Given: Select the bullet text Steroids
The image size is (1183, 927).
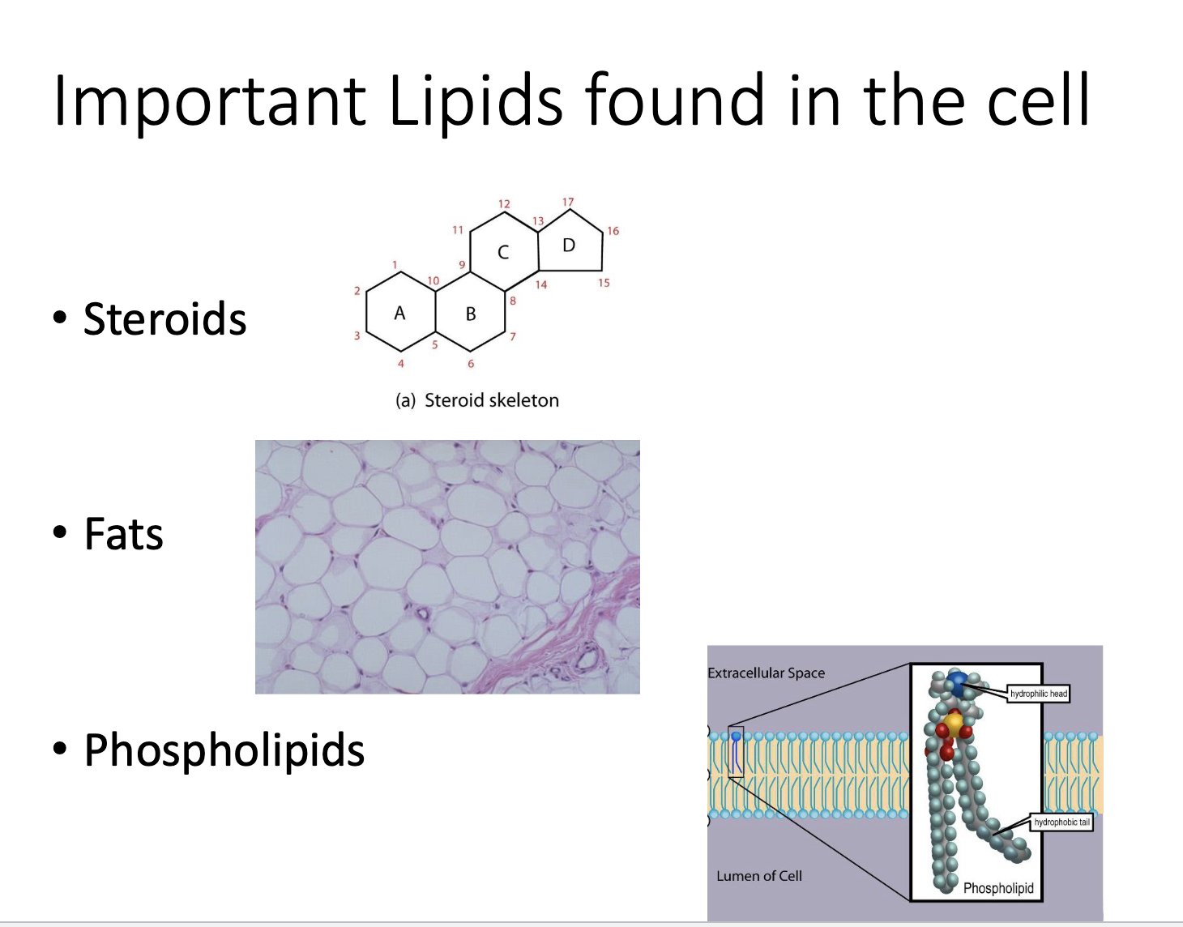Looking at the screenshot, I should [x=164, y=318].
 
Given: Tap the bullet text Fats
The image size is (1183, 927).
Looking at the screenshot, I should [x=124, y=535].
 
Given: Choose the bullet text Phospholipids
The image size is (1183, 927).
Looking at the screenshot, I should [x=224, y=750].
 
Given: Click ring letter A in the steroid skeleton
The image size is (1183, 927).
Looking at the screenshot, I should [x=399, y=313].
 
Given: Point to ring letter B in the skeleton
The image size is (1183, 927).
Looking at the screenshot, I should [x=471, y=314].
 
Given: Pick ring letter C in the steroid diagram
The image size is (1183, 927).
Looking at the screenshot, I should [x=503, y=252].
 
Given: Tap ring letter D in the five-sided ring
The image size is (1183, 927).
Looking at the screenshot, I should [x=569, y=245].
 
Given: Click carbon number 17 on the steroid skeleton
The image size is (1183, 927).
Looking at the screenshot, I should [x=568, y=202].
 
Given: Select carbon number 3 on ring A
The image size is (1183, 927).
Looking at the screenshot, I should [x=357, y=335].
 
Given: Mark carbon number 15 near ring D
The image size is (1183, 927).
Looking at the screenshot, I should [x=604, y=283].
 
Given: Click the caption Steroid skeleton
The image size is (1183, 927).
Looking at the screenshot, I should [x=491, y=400].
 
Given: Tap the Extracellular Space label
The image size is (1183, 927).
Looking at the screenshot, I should [x=766, y=673].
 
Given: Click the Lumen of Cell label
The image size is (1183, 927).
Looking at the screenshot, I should [x=759, y=876].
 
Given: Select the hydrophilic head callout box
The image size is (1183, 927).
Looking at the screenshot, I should [x=1039, y=694].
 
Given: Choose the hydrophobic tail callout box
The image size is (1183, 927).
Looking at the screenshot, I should [x=1061, y=822].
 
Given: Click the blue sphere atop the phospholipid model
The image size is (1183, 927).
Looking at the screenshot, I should [x=959, y=682].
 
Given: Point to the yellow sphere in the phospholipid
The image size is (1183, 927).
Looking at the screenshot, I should [x=953, y=721].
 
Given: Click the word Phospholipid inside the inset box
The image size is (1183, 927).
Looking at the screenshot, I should [x=998, y=888].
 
